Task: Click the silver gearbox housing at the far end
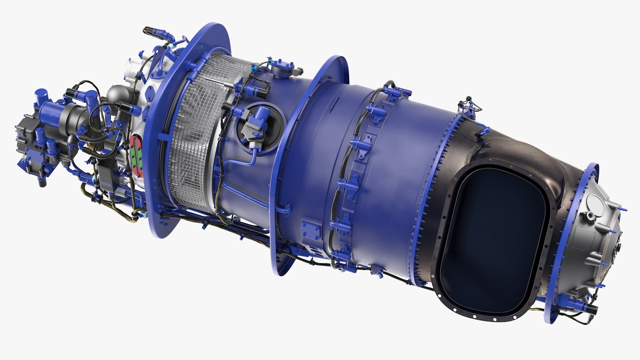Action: tap(597, 240)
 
